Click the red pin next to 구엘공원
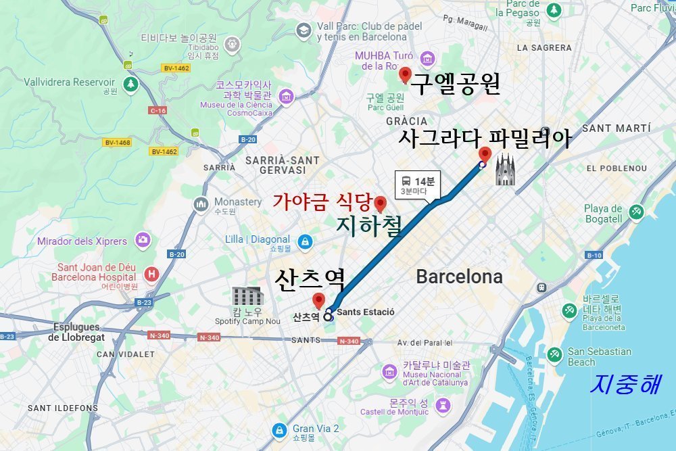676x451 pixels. [405, 74]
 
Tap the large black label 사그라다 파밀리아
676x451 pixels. [485, 139]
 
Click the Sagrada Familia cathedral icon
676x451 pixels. [506, 170]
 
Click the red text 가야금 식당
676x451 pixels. [322, 201]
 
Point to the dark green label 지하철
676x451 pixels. [368, 225]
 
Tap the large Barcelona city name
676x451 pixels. [459, 277]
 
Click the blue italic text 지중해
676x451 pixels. [625, 383]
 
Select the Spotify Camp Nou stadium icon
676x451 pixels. [247, 296]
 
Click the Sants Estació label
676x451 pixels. [365, 312]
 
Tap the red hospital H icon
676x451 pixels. [152, 274]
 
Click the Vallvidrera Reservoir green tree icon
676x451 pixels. [130, 84]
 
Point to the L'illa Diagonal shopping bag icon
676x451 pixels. [306, 241]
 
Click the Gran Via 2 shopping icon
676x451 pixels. [279, 429]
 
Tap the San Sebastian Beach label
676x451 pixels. [599, 356]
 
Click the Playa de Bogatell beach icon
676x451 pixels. [635, 212]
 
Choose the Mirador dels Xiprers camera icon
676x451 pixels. [143, 239]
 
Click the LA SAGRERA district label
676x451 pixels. [544, 48]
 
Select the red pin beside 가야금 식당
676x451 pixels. [380, 203]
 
